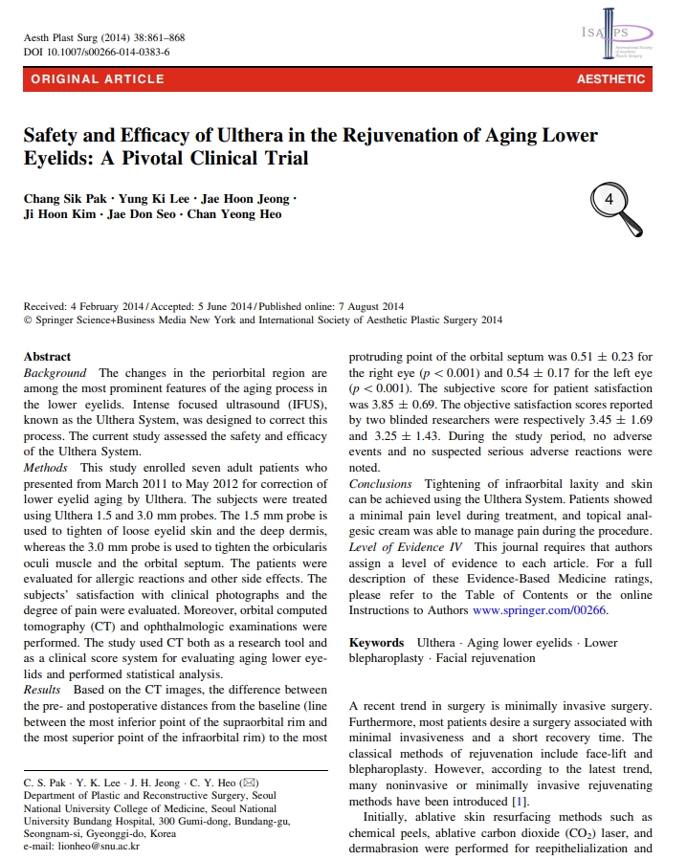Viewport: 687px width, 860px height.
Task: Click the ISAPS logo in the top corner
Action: (x=615, y=38)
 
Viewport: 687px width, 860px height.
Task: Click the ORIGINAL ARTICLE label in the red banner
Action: (x=98, y=79)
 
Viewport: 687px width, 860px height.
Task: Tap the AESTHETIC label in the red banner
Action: (x=610, y=79)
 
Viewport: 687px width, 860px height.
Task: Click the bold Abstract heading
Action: (x=47, y=356)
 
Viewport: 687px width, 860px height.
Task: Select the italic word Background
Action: (x=55, y=372)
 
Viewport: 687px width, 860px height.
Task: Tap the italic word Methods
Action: (x=46, y=467)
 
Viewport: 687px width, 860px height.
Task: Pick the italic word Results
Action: (x=42, y=690)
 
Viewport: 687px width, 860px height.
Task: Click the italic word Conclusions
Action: (x=381, y=484)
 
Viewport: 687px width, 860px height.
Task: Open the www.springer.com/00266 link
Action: (x=540, y=610)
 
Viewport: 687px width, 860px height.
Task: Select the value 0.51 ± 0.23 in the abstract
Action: (x=604, y=357)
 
